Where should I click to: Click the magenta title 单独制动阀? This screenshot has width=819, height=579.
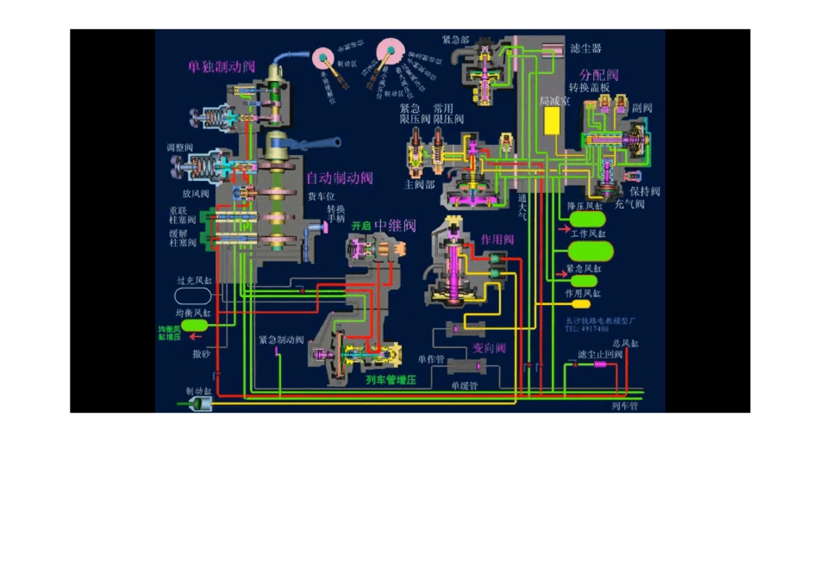[222, 67]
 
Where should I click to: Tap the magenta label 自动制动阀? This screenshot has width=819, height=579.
[341, 178]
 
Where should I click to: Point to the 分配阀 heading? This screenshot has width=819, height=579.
[599, 75]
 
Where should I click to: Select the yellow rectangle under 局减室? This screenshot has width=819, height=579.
[551, 121]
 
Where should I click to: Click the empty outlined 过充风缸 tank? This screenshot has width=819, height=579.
[193, 296]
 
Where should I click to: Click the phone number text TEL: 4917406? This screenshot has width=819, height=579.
[587, 329]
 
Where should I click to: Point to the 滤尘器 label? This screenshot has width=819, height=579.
[586, 48]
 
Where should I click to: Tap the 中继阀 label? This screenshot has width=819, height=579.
[396, 226]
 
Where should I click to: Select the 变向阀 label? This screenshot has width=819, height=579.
[489, 348]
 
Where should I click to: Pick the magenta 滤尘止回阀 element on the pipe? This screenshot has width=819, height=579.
[600, 364]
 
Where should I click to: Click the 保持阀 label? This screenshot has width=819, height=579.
[644, 191]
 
